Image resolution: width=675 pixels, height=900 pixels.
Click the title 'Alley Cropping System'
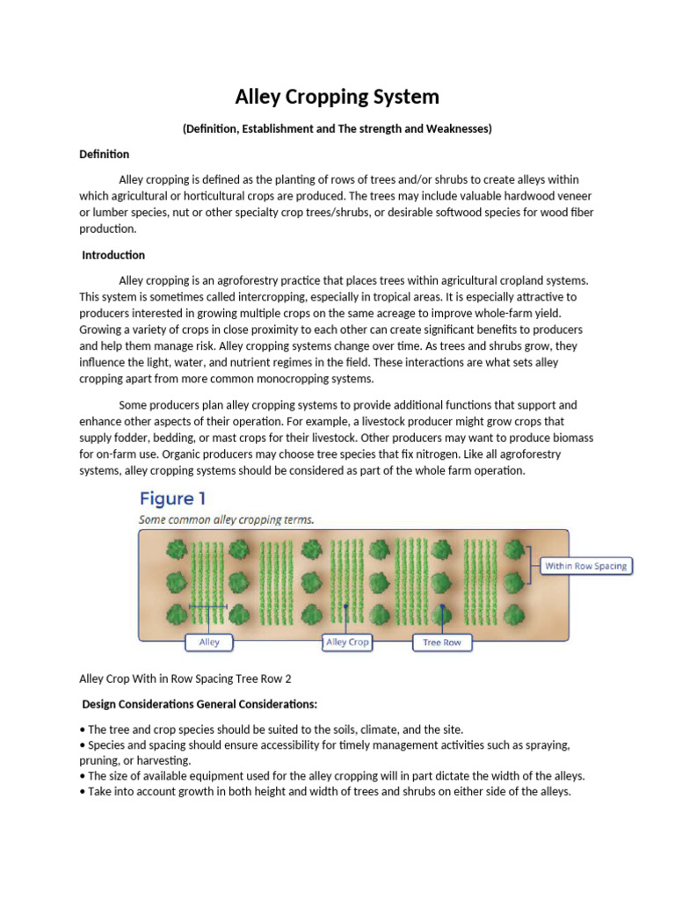click(337, 96)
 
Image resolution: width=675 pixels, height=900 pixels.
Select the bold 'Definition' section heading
click(104, 154)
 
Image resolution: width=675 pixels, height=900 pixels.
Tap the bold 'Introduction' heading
click(113, 255)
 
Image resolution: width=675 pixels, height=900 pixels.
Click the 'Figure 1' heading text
click(173, 499)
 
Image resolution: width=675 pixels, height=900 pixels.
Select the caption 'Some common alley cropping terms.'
click(226, 519)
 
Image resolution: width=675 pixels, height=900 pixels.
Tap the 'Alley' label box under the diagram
click(209, 642)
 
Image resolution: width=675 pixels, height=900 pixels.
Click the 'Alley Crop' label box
click(347, 642)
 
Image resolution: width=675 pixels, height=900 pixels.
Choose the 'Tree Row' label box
click(441, 642)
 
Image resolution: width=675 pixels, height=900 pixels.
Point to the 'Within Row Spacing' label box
click(585, 566)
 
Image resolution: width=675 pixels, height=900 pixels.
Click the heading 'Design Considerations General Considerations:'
click(200, 705)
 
